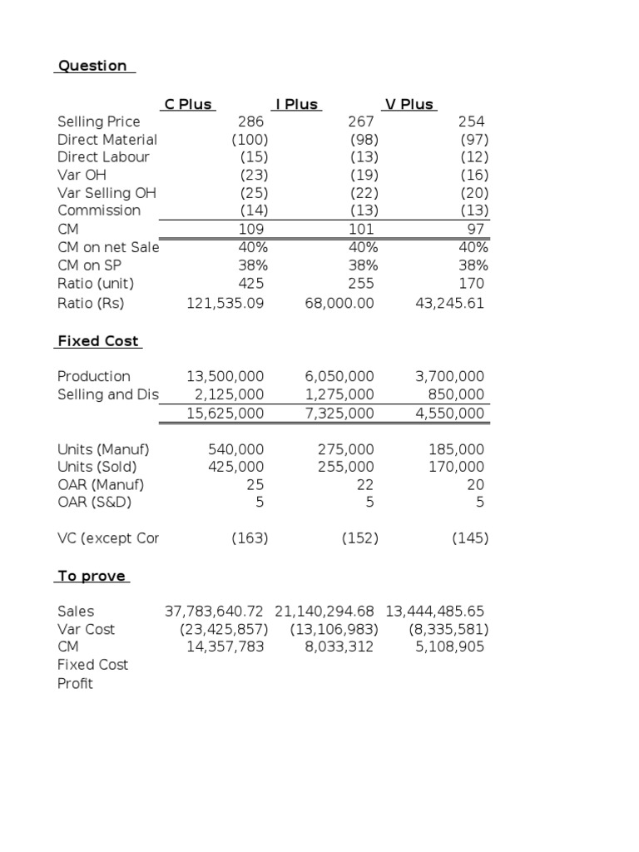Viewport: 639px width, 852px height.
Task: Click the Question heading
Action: pyautogui.click(x=92, y=66)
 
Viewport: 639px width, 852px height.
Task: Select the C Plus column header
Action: pyautogui.click(x=188, y=104)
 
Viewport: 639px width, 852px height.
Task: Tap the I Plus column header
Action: pyautogui.click(x=297, y=104)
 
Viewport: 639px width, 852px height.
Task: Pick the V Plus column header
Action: pyautogui.click(x=409, y=104)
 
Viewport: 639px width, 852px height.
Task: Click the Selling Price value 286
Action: pyautogui.click(x=250, y=121)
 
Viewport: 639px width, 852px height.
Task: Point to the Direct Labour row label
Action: pyautogui.click(x=104, y=156)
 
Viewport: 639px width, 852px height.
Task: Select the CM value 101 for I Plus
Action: pyautogui.click(x=361, y=229)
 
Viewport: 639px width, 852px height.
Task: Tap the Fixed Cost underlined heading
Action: pyautogui.click(x=98, y=341)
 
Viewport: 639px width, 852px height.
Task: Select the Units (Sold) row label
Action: pyautogui.click(x=97, y=467)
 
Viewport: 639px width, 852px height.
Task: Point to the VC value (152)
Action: pyautogui.click(x=360, y=538)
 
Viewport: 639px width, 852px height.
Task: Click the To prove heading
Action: pyautogui.click(x=92, y=576)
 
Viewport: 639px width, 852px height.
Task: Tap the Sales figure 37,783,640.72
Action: pyautogui.click(x=215, y=612)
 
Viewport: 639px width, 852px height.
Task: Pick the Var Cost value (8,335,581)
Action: pyautogui.click(x=448, y=629)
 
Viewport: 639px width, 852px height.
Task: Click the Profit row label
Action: pyautogui.click(x=76, y=683)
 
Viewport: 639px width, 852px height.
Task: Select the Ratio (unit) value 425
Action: pyautogui.click(x=250, y=283)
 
